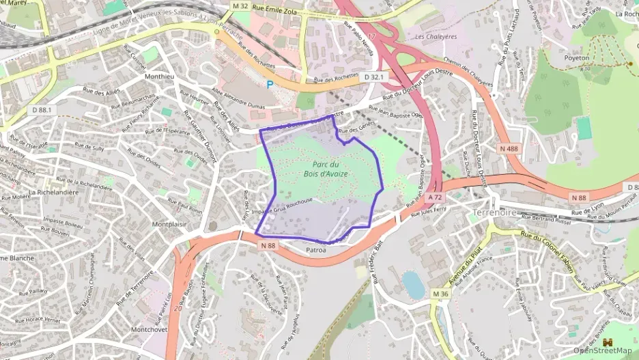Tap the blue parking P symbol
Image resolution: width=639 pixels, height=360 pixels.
270,85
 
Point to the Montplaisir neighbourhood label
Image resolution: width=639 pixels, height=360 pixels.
169,224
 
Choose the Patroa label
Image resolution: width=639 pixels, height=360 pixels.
316,251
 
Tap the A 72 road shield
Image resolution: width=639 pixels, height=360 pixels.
436,197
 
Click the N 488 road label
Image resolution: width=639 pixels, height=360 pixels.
508,148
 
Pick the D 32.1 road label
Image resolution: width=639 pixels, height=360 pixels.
375,77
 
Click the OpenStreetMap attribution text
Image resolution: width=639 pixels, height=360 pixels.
602,350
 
